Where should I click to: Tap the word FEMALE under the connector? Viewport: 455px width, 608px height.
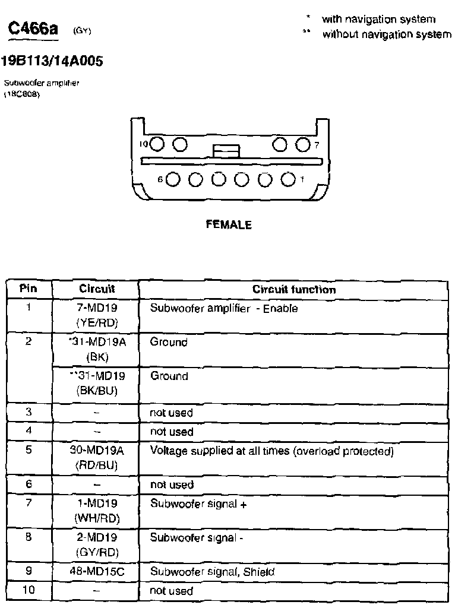(x=228, y=225)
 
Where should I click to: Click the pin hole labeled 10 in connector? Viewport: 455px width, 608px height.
(x=157, y=144)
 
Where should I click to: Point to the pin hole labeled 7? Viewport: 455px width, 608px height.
(x=302, y=144)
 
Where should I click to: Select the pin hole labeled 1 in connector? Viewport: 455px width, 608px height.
(x=287, y=179)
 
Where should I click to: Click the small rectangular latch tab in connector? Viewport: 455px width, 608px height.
(x=226, y=151)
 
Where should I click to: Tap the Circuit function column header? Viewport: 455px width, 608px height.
(x=294, y=290)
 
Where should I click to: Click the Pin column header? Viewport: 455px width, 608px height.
(x=29, y=289)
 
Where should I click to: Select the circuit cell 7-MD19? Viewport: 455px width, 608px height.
(x=97, y=308)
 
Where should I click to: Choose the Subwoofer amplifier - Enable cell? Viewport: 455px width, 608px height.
(x=224, y=309)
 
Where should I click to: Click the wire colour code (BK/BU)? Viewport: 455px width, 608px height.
(x=97, y=391)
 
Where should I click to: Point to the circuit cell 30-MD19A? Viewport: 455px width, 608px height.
(x=97, y=450)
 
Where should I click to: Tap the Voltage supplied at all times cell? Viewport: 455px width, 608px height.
(x=271, y=451)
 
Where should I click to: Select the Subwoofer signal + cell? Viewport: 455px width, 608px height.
(x=198, y=503)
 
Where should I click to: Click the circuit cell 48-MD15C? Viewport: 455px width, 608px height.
(x=97, y=572)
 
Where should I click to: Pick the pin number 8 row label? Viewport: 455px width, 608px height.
(x=29, y=537)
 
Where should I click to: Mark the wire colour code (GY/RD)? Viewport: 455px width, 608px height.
(x=97, y=552)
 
